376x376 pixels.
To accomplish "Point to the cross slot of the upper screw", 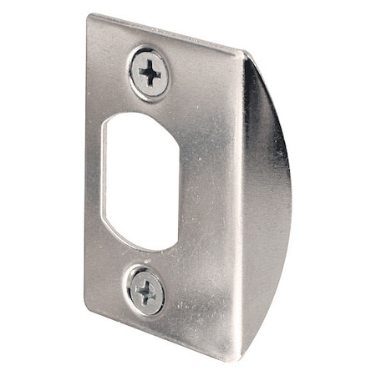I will (x=150, y=74).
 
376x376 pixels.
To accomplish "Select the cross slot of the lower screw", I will (x=146, y=292).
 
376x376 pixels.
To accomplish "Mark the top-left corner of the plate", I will (x=89, y=16).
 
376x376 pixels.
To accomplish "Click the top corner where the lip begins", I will (x=243, y=52).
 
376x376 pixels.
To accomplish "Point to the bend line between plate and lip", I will (x=242, y=209).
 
